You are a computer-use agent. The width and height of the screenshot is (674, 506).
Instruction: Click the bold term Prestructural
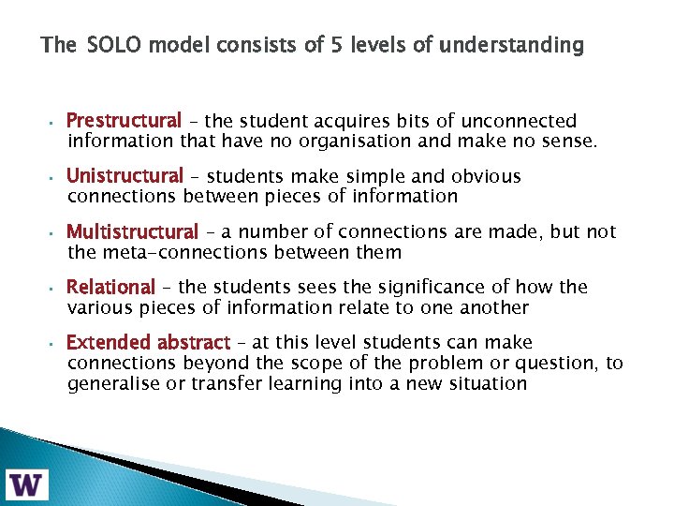tap(124, 121)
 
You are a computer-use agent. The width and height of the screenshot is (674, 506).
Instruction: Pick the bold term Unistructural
tap(125, 176)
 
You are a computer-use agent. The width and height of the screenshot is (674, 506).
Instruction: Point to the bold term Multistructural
tap(132, 231)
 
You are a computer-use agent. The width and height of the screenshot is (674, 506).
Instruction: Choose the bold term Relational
tap(110, 287)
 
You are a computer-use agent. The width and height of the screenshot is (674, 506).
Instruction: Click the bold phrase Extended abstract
tap(148, 343)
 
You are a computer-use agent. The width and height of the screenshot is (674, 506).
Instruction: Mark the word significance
tap(426, 287)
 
